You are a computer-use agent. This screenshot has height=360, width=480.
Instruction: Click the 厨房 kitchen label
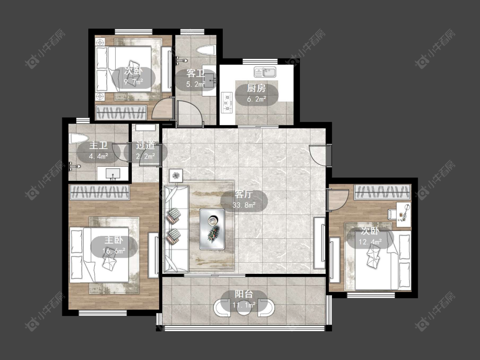pos(256,88)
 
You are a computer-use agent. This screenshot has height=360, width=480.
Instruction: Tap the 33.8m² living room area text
pos(244,205)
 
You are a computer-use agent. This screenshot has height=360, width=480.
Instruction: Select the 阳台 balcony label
pos(244,294)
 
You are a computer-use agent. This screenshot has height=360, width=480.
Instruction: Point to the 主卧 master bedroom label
pos(113,240)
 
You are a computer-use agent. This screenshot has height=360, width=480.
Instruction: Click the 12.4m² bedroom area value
pos(370,242)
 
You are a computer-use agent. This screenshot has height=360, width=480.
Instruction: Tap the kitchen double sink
pos(265,72)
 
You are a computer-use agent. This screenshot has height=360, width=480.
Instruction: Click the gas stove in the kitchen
pos(227,102)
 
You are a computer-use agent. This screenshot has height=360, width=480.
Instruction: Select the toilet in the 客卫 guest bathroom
pos(206,50)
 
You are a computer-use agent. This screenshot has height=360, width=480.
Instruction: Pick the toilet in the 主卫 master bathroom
pos(79,138)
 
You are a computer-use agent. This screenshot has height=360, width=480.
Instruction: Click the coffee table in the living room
pos(212,229)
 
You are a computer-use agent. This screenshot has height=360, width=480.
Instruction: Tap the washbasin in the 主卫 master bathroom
pos(113,174)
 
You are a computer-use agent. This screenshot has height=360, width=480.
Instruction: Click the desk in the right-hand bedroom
pos(404,214)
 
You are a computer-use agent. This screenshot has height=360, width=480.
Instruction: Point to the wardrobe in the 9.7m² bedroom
pos(121,113)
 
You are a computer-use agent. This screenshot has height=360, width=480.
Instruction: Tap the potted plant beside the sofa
pos(176,176)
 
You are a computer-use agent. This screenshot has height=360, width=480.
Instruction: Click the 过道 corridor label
pos(145,145)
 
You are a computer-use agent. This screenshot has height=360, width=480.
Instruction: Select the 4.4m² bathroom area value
pos(98,157)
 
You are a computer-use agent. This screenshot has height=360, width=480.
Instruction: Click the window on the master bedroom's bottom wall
pos(103,313)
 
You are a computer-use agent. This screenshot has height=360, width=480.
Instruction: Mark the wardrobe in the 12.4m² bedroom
pos(382,192)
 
